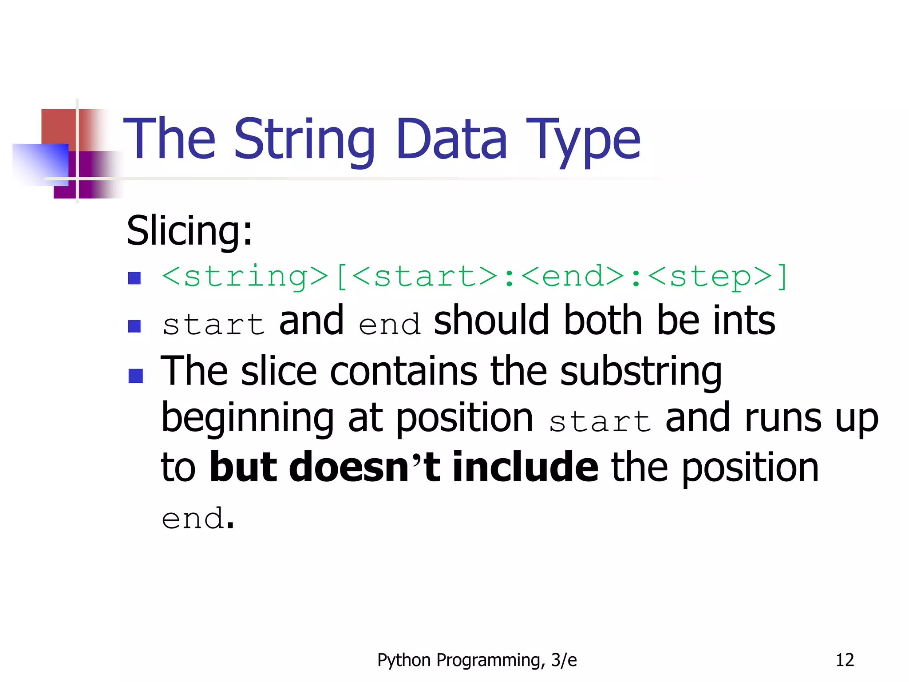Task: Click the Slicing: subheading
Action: pos(190,230)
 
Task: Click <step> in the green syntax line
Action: pos(711,276)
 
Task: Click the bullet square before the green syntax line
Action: pos(134,278)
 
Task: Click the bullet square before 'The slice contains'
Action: pos(135,376)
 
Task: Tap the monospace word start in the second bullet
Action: pos(214,324)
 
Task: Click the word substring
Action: pos(641,372)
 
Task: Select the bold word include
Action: pos(526,467)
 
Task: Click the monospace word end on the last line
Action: pos(193,518)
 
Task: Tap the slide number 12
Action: pos(845,660)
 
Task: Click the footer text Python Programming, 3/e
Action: pos(477,660)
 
